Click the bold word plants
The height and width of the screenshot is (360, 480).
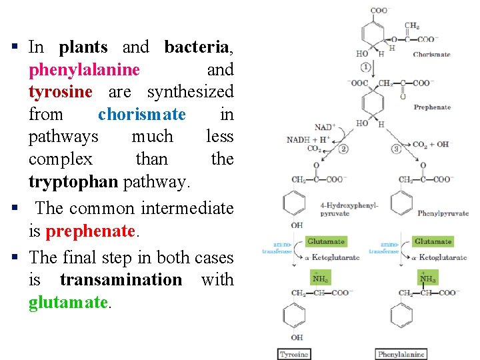coord(83,47)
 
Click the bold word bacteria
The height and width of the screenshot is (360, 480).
coord(197,47)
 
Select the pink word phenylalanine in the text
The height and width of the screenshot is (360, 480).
coord(84,69)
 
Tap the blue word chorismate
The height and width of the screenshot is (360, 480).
coord(142,114)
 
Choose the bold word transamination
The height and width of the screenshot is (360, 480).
coord(121,279)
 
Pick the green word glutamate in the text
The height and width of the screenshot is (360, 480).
coord(67,302)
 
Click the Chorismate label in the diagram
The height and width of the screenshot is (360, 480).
coord(431,55)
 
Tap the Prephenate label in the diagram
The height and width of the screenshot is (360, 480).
coord(432,107)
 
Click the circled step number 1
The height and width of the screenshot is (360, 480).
coord(366,67)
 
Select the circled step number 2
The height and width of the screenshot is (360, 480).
coord(343,149)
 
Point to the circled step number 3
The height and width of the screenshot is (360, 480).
coord(396,149)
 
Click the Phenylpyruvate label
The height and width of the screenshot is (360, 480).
coord(443,213)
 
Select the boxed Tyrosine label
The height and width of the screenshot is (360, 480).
coord(295,354)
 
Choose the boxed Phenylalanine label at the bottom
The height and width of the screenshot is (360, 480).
coord(401,354)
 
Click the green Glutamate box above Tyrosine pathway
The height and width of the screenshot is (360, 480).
coord(325,241)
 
